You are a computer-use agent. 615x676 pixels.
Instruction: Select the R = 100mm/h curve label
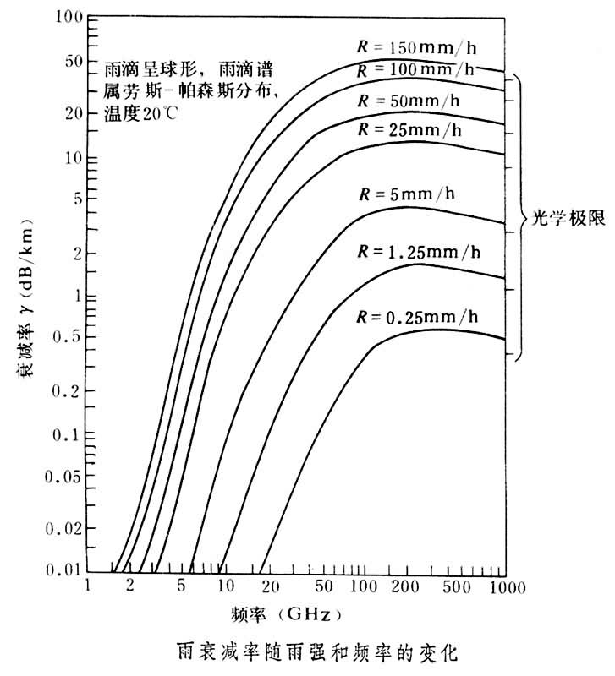pos(415,68)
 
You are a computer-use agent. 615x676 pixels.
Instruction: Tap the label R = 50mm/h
pos(409,100)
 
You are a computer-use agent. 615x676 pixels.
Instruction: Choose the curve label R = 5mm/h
pos(407,194)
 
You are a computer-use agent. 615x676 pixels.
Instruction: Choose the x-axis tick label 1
pos(88,586)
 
